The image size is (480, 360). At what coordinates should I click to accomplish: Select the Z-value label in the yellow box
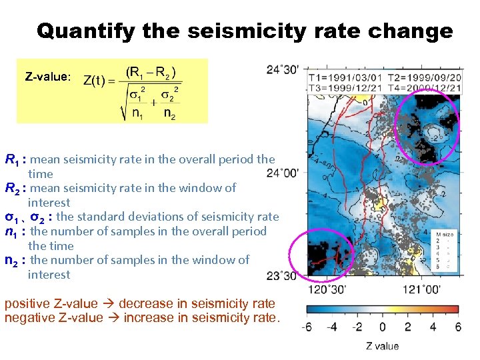pos(47,77)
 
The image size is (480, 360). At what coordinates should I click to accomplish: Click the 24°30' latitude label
pos(283,69)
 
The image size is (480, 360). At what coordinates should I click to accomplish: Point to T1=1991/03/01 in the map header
pos(345,78)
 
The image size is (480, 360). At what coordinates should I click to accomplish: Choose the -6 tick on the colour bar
pos(307,327)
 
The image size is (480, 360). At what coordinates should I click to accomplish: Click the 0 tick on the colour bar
pos(382,327)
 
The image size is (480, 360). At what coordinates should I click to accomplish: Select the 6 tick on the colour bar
pos(457,327)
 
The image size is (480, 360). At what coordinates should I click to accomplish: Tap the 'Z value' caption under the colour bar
pos(382,345)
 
